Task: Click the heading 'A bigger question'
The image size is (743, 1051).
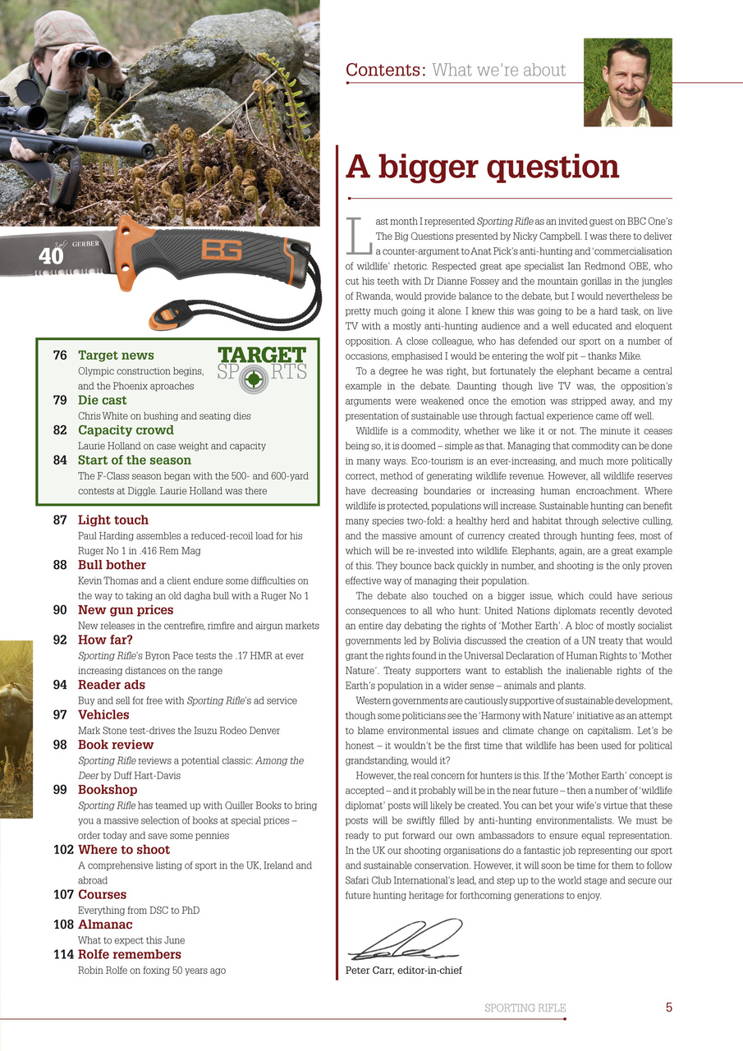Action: coord(482,167)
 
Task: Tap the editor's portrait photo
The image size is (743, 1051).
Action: coord(627,82)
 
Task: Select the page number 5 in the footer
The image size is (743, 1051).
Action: coord(668,1007)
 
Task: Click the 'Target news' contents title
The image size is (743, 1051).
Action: coord(116,356)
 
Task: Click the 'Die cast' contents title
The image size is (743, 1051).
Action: coord(102,401)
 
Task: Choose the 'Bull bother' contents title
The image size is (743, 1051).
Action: coord(112,565)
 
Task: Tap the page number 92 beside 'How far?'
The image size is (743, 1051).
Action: coord(60,640)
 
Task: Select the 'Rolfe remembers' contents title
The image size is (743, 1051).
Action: coord(129,954)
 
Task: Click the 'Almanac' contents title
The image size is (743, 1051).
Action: coord(105,925)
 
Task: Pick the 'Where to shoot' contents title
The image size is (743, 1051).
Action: coord(124,850)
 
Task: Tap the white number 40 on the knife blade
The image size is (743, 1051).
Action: coord(51,256)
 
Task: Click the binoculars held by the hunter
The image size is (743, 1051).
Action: coord(90,57)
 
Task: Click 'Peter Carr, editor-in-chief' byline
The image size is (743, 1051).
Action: coord(403,971)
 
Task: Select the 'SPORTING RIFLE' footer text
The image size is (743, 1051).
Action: coord(525,1007)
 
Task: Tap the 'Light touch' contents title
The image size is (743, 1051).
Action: coord(113,520)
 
